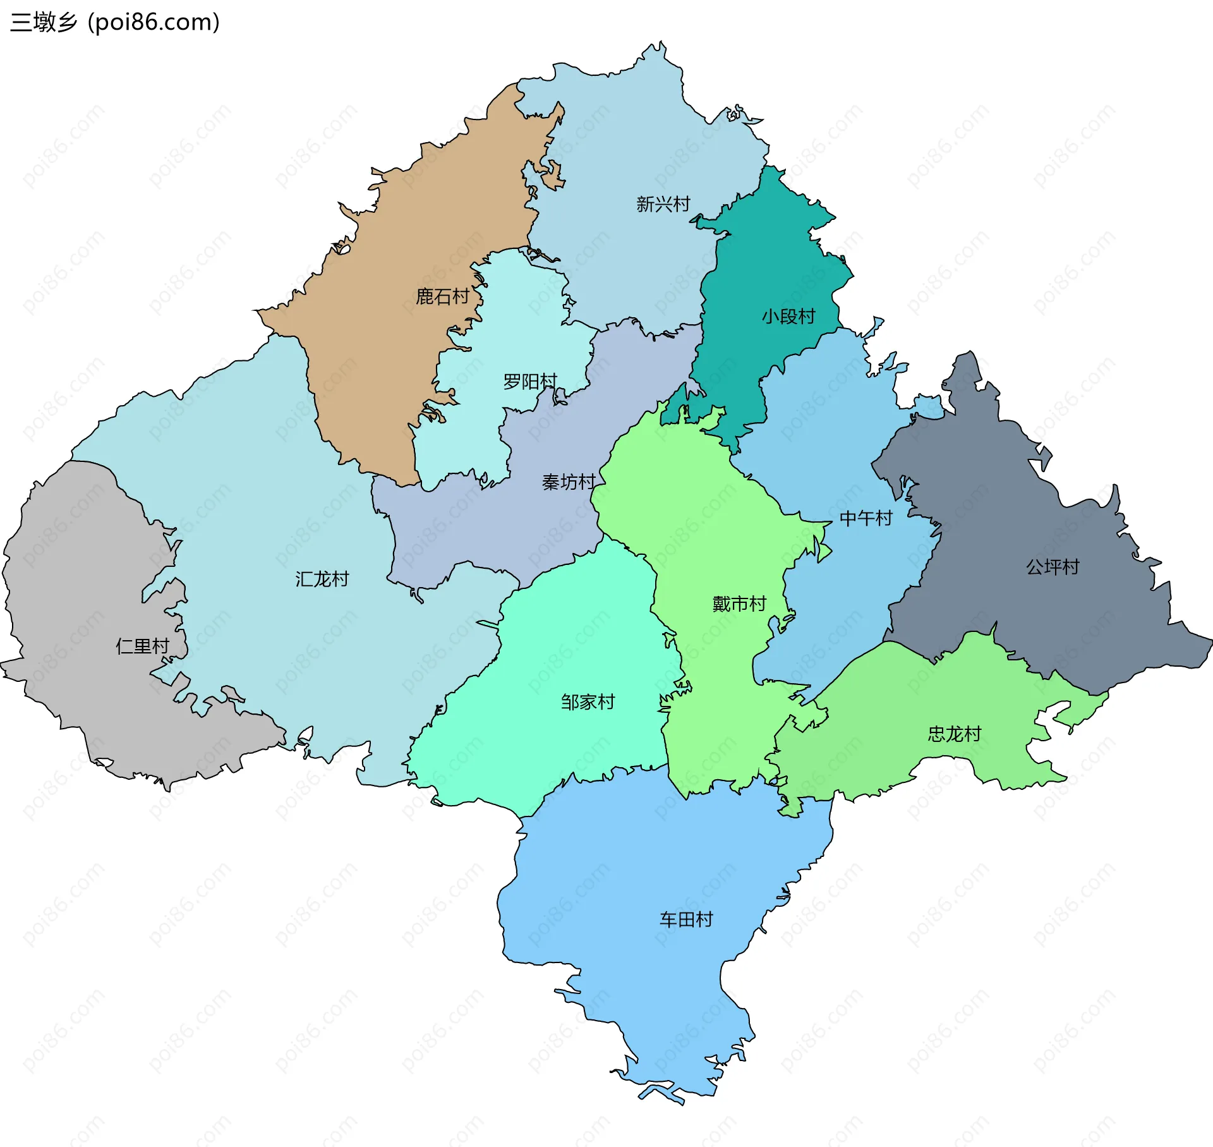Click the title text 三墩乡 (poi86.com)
coord(115,22)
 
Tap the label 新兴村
coord(663,204)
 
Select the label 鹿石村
coord(442,296)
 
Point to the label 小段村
coord(788,316)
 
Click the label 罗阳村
coord(530,381)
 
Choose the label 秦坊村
coord(569,482)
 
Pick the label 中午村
coord(866,518)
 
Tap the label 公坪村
coord(1053,566)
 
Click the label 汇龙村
coord(322,578)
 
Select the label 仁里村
coord(142,646)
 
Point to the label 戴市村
coord(739,604)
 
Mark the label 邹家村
coord(588,701)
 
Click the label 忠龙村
coord(954,734)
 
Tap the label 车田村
coord(686,919)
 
